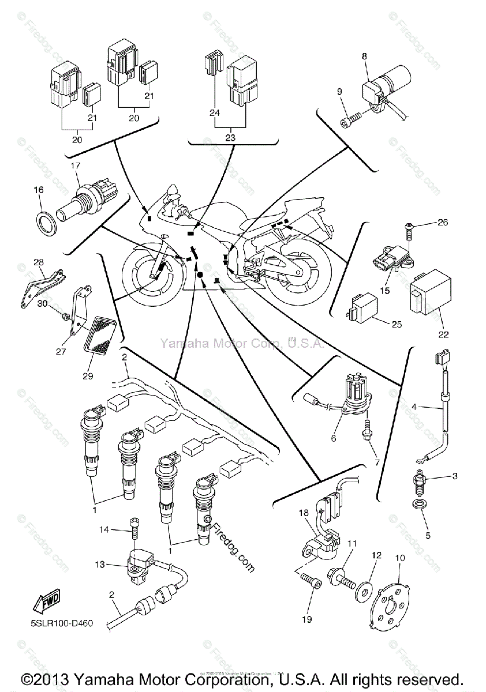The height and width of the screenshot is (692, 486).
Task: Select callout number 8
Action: pos(364,57)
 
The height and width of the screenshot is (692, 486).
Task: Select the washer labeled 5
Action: pos(416,506)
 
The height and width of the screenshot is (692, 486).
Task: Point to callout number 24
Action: pos(215,114)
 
